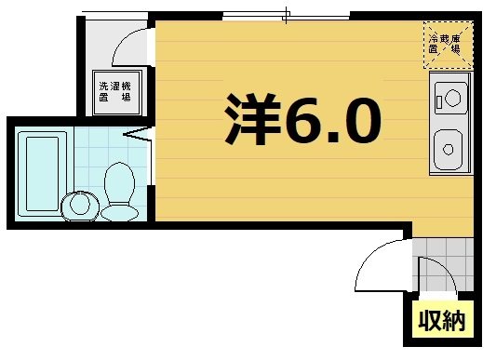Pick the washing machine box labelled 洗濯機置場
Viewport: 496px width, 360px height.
[x=115, y=91]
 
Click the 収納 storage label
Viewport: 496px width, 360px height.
[x=440, y=323]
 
